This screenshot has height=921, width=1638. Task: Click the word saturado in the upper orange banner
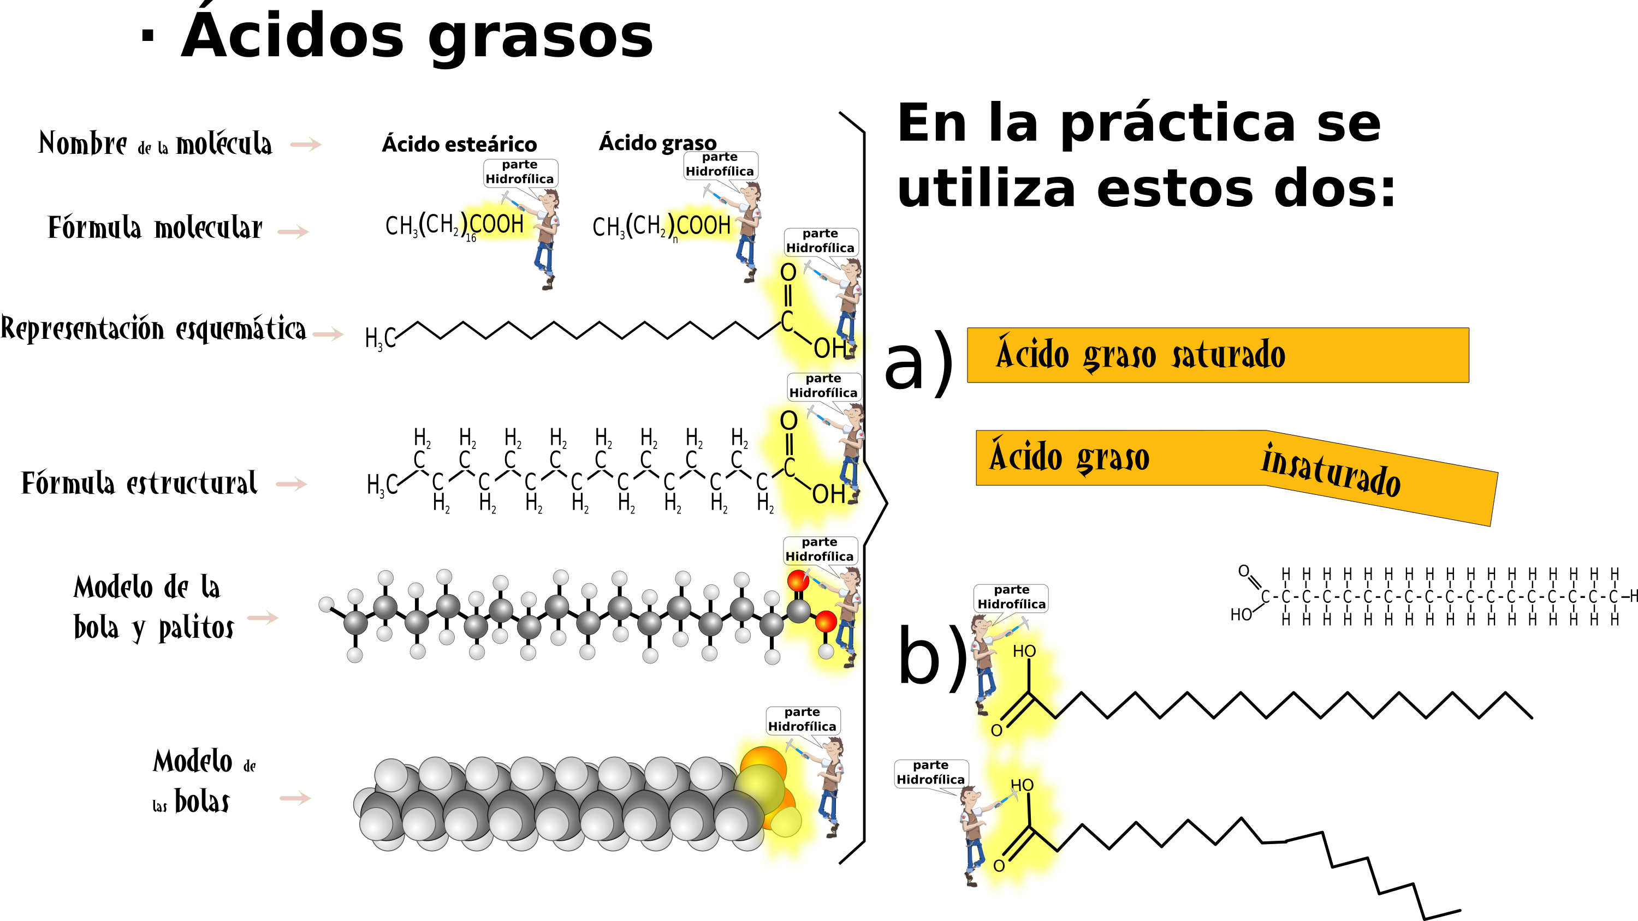click(x=1228, y=355)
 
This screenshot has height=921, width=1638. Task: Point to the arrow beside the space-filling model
click(x=295, y=798)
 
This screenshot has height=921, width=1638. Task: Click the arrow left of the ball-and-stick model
click(x=263, y=617)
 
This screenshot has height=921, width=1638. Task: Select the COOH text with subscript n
click(x=703, y=225)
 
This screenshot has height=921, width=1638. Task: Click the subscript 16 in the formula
click(x=471, y=238)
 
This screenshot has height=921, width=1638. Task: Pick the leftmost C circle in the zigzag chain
click(x=419, y=459)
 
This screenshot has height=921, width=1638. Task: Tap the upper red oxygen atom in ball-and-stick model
click(x=798, y=581)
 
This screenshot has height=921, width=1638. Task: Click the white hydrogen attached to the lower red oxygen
click(x=826, y=651)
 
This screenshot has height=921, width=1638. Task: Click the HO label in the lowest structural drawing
click(x=1022, y=786)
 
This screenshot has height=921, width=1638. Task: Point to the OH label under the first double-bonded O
click(x=829, y=348)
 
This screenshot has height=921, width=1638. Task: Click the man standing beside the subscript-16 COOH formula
click(x=546, y=238)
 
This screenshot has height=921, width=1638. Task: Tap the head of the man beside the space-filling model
click(x=834, y=745)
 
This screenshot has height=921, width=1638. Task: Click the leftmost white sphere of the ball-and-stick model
click(x=326, y=604)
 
